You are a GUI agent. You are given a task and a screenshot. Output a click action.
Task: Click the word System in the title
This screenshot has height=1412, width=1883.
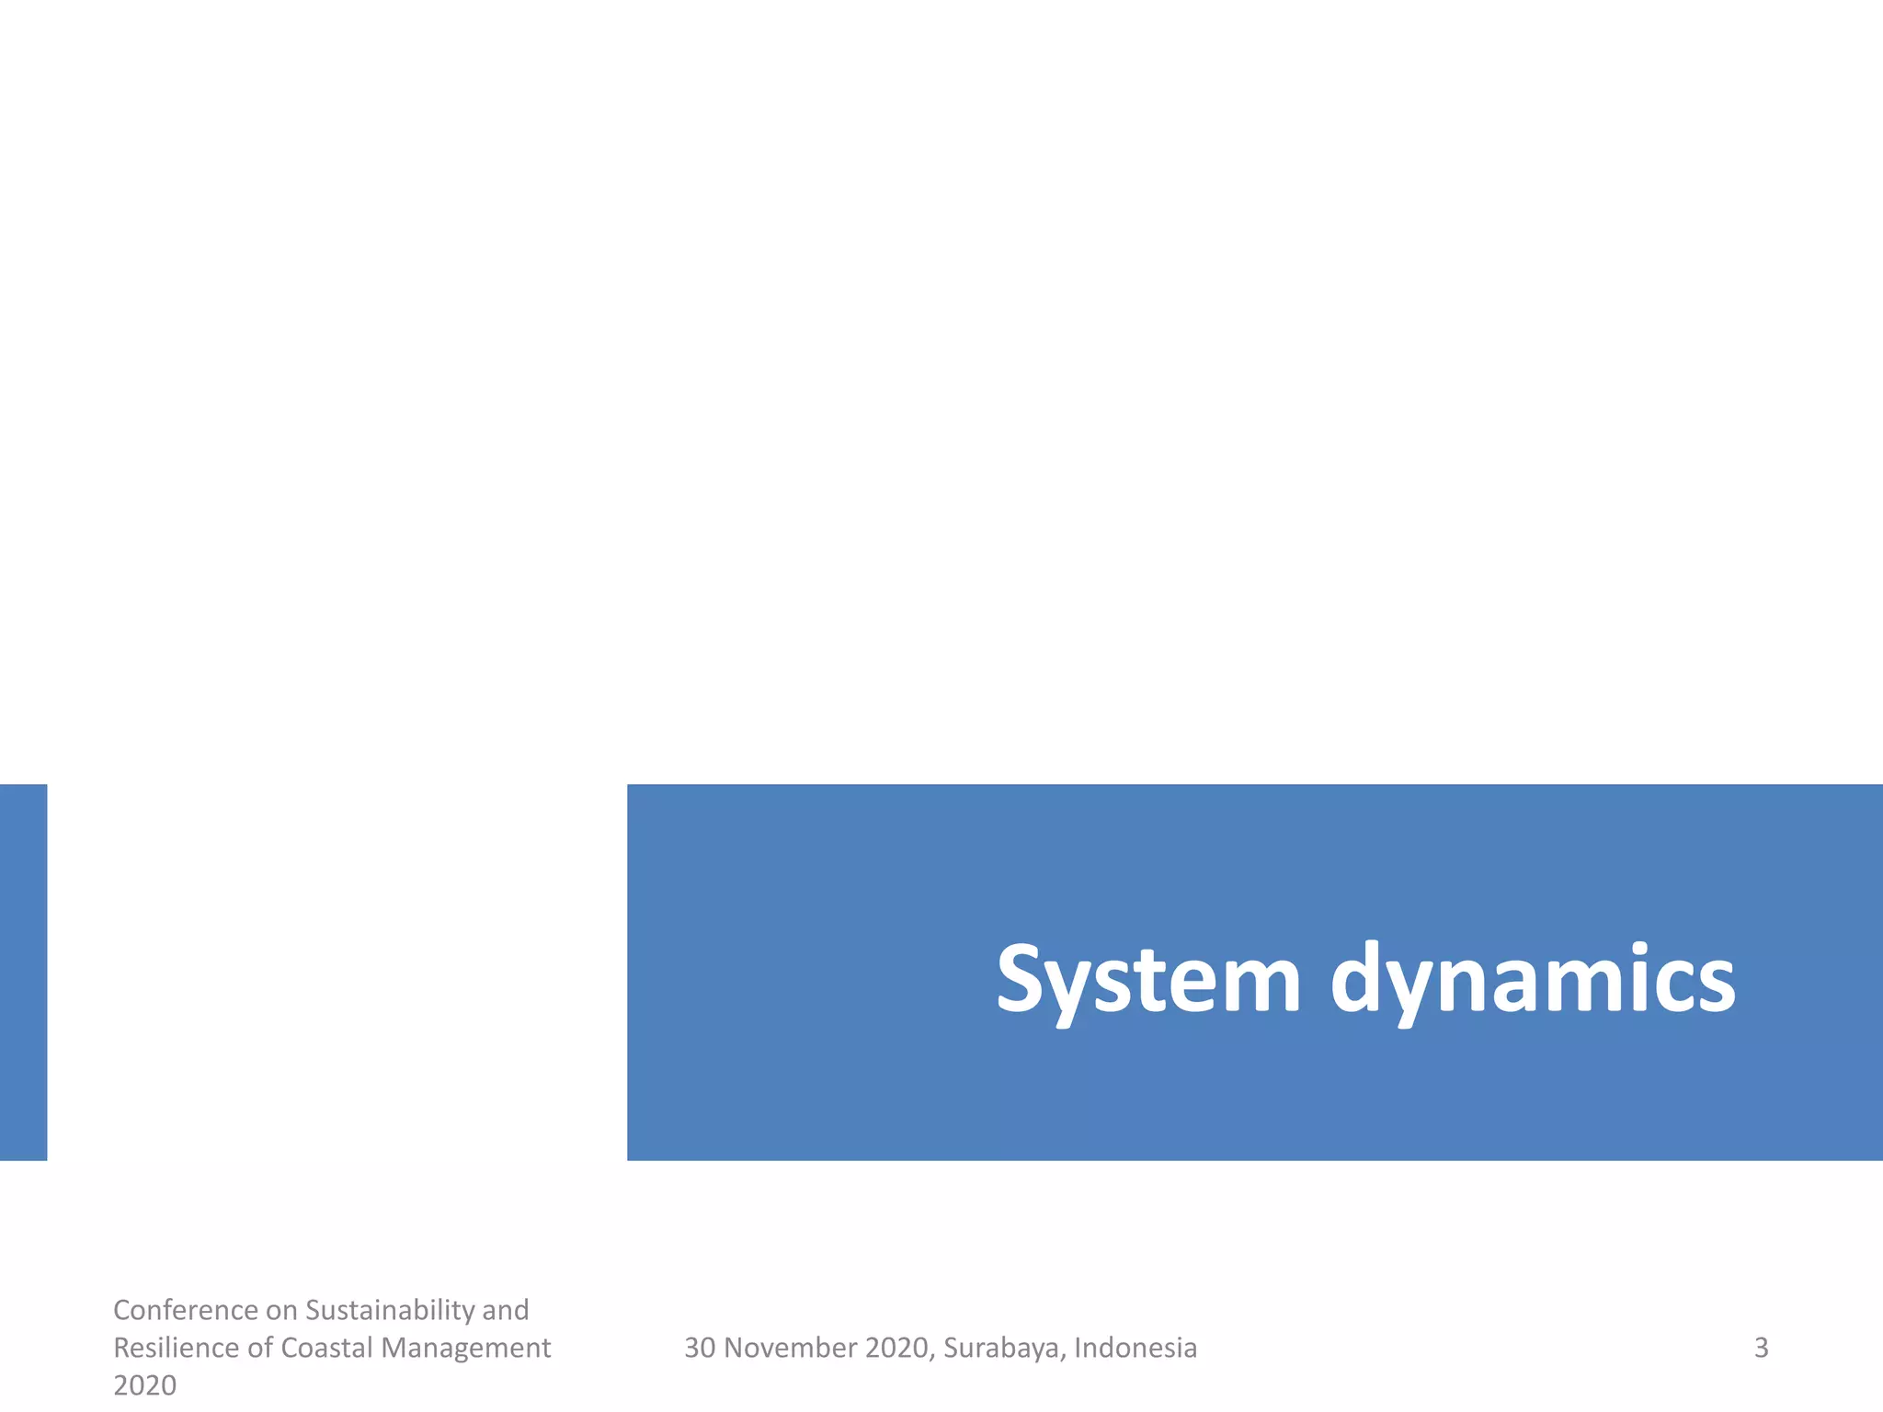point(1148,981)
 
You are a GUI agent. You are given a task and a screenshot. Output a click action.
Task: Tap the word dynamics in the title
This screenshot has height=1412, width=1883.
point(1533,981)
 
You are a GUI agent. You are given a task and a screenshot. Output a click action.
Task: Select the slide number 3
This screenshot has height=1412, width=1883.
point(1761,1348)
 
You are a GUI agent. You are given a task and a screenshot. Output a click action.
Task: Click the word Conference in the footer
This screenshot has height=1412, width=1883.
point(186,1309)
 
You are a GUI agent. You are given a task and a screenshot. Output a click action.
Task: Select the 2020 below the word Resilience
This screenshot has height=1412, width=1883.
point(144,1384)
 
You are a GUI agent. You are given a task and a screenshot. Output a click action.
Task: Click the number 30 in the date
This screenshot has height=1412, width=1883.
point(700,1348)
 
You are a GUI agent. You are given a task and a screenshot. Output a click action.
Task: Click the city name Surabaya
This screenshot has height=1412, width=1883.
point(1004,1348)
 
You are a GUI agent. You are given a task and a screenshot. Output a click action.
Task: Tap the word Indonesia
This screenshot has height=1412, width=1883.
point(1136,1348)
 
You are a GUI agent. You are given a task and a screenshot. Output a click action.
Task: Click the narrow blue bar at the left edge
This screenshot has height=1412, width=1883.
point(23,972)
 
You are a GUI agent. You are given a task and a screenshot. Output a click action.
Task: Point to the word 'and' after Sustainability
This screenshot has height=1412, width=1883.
point(505,1309)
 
